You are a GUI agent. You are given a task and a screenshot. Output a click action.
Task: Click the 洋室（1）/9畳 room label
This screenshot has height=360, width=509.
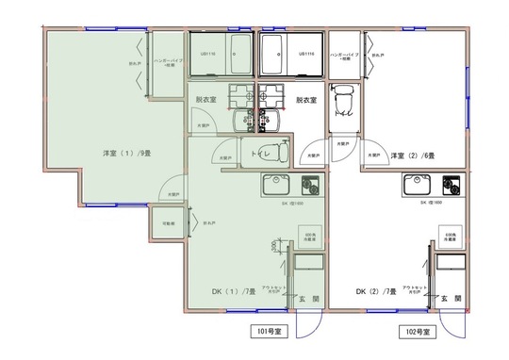[x=123, y=153]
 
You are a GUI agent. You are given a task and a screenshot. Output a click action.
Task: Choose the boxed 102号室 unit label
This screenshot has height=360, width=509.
[x=414, y=332]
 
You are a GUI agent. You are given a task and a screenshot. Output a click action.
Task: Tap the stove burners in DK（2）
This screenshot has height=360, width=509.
[x=448, y=184]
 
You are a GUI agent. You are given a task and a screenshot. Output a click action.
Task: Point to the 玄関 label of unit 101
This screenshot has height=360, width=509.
[x=308, y=300]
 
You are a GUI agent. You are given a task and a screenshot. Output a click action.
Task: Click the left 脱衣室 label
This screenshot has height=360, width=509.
[x=207, y=99]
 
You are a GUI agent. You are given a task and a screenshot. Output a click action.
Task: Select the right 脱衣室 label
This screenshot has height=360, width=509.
[x=306, y=99]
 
